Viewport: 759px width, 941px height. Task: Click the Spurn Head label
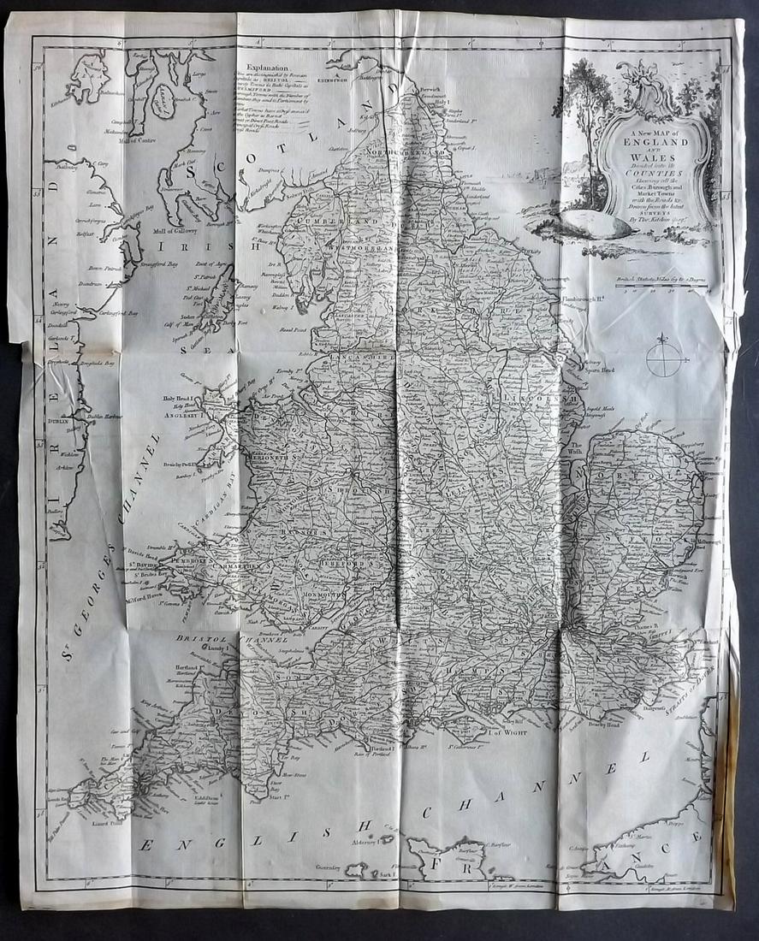[x=598, y=372]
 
